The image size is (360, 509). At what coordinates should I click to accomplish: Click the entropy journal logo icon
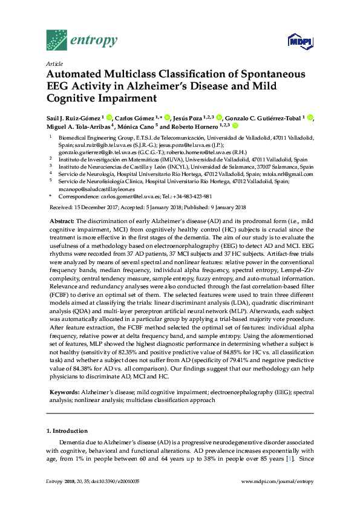[57, 40]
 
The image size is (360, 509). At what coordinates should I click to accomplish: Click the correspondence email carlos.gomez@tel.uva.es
[140, 196]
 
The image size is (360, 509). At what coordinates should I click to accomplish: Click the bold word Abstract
[62, 221]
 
